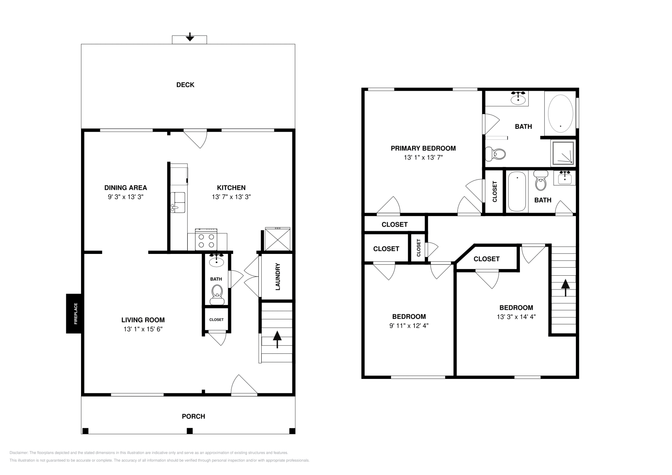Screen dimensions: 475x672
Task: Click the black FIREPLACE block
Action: [73, 313]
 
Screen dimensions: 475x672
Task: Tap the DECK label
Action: [185, 85]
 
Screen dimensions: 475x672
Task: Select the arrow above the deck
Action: [190, 37]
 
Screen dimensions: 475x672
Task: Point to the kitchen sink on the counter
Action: [178, 202]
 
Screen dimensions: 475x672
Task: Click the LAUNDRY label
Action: [278, 277]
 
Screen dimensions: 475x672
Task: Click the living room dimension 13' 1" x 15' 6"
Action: [143, 329]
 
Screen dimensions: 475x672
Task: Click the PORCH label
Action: [193, 416]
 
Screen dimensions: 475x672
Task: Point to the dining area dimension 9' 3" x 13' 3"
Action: [126, 196]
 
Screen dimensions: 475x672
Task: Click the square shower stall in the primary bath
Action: [563, 153]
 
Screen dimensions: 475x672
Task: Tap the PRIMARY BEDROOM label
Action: [423, 148]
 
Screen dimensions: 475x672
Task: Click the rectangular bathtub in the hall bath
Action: [517, 192]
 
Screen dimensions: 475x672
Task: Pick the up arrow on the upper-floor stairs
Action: [565, 287]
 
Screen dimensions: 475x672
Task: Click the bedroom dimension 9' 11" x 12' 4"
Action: [409, 325]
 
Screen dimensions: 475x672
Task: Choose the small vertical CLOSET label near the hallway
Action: [419, 248]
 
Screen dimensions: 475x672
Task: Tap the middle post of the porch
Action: [189, 431]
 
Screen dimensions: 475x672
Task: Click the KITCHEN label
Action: [231, 188]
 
